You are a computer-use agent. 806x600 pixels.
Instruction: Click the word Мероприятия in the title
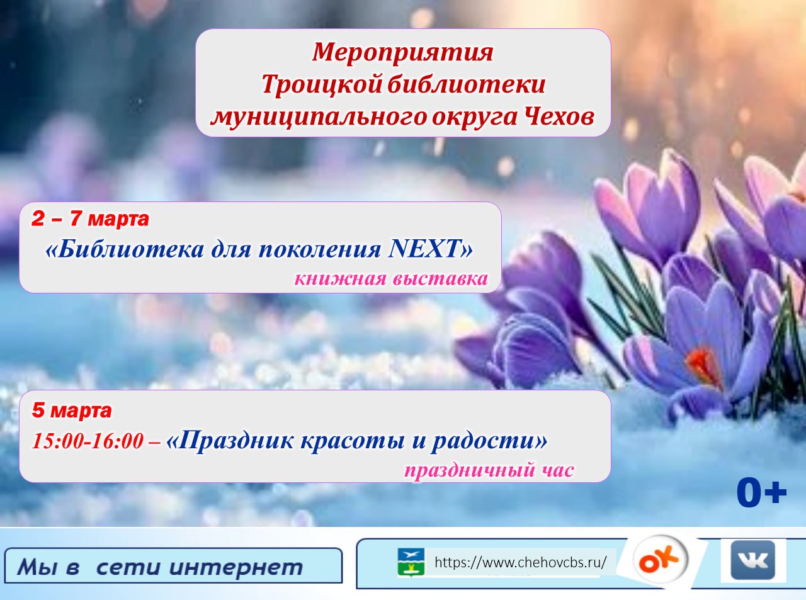pos(402,53)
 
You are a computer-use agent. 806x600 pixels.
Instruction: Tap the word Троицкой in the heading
pos(322,85)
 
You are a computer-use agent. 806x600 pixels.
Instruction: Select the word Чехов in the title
pos(560,117)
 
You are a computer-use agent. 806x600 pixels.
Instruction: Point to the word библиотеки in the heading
pos(466,84)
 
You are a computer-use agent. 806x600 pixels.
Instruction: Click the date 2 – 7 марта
pos(90,218)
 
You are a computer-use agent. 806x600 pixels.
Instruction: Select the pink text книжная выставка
pos(391,279)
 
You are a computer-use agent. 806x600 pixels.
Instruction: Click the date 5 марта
pos(72,410)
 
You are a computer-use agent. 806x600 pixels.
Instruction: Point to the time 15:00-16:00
pos(88,441)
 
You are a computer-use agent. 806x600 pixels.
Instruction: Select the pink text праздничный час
pos(489,470)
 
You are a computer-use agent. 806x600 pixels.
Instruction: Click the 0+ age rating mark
pos(762,494)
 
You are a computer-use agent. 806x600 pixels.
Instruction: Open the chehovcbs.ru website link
pos(520,563)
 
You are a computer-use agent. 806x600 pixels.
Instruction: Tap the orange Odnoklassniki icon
pos(660,560)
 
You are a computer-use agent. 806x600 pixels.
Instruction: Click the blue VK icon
pos(753,560)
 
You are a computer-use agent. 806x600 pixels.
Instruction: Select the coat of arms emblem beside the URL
pos(411,562)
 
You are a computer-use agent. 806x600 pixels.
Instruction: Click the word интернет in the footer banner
pos(236,567)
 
